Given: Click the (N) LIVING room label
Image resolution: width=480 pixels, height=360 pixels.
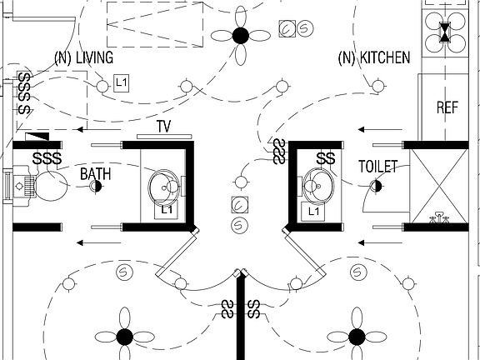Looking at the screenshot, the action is click(83, 57).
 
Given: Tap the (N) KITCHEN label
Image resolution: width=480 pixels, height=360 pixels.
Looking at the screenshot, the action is click(374, 57).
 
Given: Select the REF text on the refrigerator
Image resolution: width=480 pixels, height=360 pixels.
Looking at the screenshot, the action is click(447, 107).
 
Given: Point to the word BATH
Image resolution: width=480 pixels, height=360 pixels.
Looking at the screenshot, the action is click(95, 174).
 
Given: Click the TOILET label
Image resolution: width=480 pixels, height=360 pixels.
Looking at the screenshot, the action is click(378, 167).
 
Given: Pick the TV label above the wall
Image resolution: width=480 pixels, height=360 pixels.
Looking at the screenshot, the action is click(164, 126).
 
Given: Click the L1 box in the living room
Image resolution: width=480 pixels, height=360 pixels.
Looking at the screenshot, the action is click(121, 83).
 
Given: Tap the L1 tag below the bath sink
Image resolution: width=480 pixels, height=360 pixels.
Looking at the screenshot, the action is click(166, 210).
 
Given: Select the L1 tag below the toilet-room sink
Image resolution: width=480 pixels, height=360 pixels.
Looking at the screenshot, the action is click(313, 211).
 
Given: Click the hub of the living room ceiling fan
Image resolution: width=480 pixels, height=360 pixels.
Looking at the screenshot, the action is click(240, 36).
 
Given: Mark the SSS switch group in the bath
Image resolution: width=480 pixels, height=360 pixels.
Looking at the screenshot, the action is click(47, 158).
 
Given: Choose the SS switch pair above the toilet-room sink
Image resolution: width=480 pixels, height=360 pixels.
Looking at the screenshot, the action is click(326, 158).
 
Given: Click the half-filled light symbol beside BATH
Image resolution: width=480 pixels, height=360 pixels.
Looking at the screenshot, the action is click(96, 186).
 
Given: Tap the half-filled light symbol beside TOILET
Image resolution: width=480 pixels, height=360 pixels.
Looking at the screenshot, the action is click(376, 186).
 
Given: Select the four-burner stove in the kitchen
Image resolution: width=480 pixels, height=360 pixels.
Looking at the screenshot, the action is click(445, 32).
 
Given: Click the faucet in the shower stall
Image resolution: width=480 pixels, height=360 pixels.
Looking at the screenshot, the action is click(439, 217).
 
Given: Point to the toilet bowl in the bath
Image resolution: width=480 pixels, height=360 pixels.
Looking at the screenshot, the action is click(51, 186).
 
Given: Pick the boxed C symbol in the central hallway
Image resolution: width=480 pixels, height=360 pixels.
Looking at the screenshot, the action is click(240, 205).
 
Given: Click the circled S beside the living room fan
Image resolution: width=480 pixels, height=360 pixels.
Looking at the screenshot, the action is click(304, 28).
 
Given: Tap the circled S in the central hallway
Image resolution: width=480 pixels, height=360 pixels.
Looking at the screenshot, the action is click(239, 226).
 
